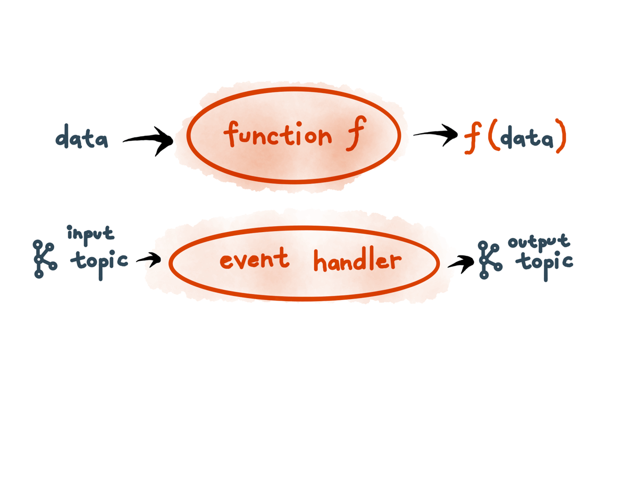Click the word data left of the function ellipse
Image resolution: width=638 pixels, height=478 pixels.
pyautogui.click(x=82, y=138)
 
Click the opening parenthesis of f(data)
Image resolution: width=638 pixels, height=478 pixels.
pyautogui.click(x=492, y=138)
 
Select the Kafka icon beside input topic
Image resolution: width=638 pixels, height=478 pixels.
pyautogui.click(x=44, y=259)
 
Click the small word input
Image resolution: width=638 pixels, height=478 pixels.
pyautogui.click(x=90, y=234)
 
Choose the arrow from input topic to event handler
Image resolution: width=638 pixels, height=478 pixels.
pyautogui.click(x=148, y=260)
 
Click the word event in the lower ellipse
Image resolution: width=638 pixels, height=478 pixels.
pyautogui.click(x=254, y=260)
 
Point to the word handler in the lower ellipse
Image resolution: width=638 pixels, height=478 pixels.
pyautogui.click(x=357, y=261)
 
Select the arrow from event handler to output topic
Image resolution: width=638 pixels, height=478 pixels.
pyautogui.click(x=460, y=262)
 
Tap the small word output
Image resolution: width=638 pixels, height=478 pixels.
pyautogui.click(x=539, y=243)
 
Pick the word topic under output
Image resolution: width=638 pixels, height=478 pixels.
pyautogui.click(x=546, y=262)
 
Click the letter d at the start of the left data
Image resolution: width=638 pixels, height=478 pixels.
pyautogui.click(x=63, y=136)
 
